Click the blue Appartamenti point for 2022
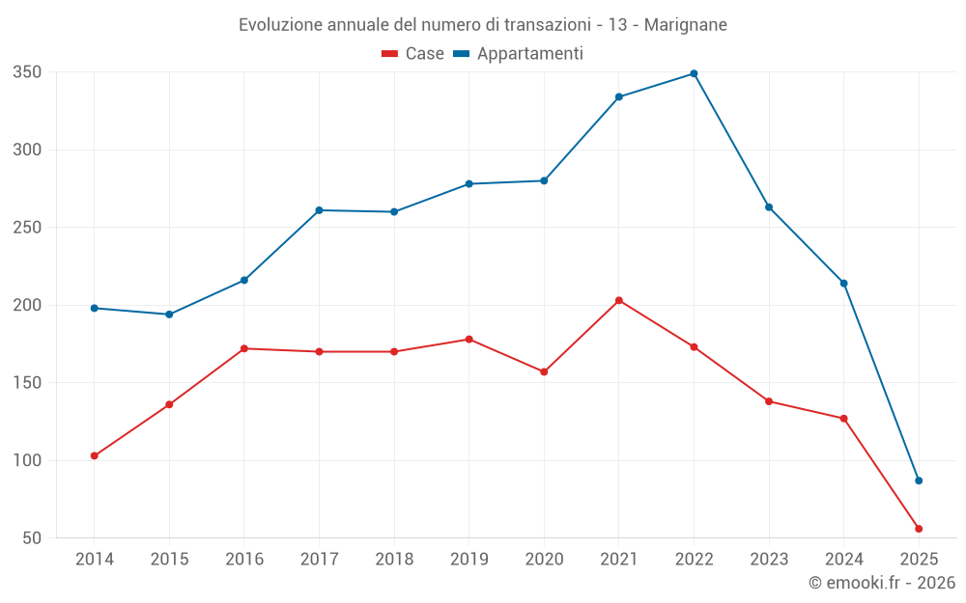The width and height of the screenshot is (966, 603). coord(694,73)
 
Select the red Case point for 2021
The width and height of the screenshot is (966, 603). coord(619,300)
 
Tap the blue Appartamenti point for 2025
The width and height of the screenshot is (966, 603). coord(919,480)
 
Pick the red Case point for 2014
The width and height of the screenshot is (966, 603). coord(94,455)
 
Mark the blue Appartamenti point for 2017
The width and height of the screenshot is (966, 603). coord(319,210)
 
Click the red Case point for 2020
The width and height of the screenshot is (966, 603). coord(544,371)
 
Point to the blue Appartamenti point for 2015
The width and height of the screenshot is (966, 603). coord(169,315)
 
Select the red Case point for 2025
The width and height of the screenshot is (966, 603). coord(919,529)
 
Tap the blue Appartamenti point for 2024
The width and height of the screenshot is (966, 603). coord(843,284)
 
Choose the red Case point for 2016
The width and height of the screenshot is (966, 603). coord(243,348)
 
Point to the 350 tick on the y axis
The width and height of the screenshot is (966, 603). coord(27,72)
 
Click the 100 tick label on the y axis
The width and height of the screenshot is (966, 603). coord(27,460)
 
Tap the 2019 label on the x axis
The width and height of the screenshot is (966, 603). coord(469,559)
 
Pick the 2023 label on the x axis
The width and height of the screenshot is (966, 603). coord(769,559)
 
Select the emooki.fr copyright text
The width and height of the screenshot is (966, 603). coord(882,583)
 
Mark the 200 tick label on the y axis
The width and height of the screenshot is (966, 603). coord(27,305)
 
